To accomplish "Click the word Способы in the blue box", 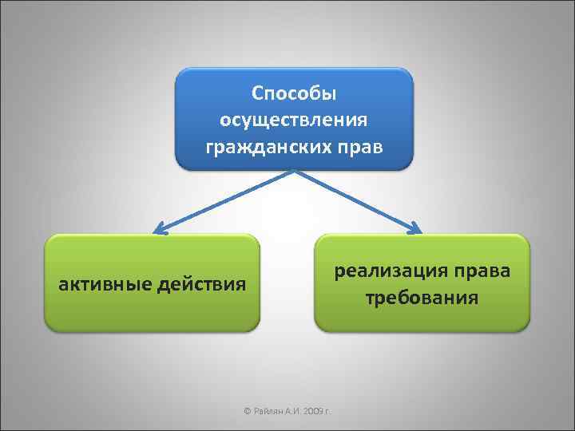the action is [x=293, y=94].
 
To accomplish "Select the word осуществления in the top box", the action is [x=293, y=121].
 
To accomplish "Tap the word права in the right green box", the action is [x=479, y=272].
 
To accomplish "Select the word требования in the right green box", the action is [x=422, y=299].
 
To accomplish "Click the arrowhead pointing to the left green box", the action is [x=161, y=230].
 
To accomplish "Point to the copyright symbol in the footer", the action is [x=247, y=412].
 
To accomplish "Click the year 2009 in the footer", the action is [x=312, y=412].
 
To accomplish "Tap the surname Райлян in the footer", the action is [x=268, y=412].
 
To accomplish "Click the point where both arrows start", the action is [x=294, y=170].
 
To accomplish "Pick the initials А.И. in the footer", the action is [x=291, y=412].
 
